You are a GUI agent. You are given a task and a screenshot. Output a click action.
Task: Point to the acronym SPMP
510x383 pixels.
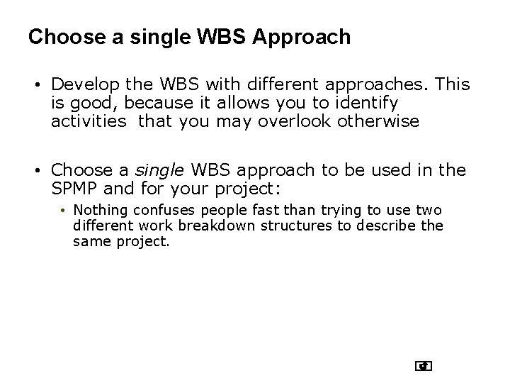[74, 188]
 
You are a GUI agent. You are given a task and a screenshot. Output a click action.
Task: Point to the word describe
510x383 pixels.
[382, 226]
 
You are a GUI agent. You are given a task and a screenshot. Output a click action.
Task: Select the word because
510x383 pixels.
[142, 104]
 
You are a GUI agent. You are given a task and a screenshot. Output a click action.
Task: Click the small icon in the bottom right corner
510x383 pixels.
[424, 366]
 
